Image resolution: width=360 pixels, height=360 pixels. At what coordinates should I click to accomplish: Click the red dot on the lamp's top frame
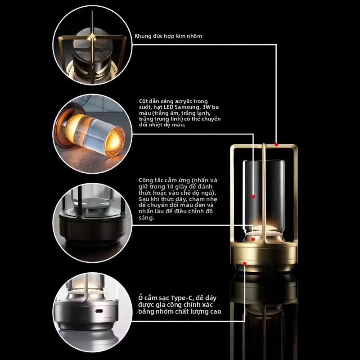point(276,144)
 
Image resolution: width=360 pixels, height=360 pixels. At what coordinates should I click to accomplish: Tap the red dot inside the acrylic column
point(253,197)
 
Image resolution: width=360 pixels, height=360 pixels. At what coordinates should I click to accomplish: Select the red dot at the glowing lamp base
point(253,239)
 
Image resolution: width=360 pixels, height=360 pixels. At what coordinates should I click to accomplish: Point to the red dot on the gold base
point(244,264)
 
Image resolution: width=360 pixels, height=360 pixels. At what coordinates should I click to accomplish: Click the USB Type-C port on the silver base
point(99,311)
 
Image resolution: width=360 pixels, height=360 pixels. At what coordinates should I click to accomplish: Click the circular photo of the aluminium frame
point(92,45)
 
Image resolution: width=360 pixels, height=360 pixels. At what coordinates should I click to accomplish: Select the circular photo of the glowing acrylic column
point(92,134)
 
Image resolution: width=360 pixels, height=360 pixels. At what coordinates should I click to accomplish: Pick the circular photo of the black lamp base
point(92,223)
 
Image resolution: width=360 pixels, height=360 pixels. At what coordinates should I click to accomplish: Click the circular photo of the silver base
point(92,312)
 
